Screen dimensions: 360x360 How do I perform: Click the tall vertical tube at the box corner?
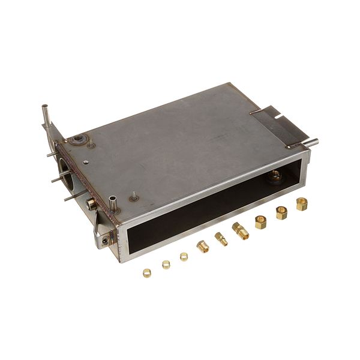pos(45,115)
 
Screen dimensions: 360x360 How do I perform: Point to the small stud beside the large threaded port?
pos(90,145)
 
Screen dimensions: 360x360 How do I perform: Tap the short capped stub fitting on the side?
pos(91,204)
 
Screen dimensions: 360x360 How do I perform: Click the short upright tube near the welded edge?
pos(112,202)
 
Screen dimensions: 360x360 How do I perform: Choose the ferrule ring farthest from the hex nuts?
pos(146,273)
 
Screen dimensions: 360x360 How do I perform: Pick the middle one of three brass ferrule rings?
pos(166,265)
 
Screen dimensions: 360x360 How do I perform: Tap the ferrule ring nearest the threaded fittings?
pos(184,257)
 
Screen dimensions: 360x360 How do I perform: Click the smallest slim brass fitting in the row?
pos(221,239)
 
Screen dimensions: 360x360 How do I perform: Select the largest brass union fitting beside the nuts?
pos(241,230)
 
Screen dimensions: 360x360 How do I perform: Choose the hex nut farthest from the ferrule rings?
pos(301,204)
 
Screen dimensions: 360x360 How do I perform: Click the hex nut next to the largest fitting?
pos(261,222)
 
